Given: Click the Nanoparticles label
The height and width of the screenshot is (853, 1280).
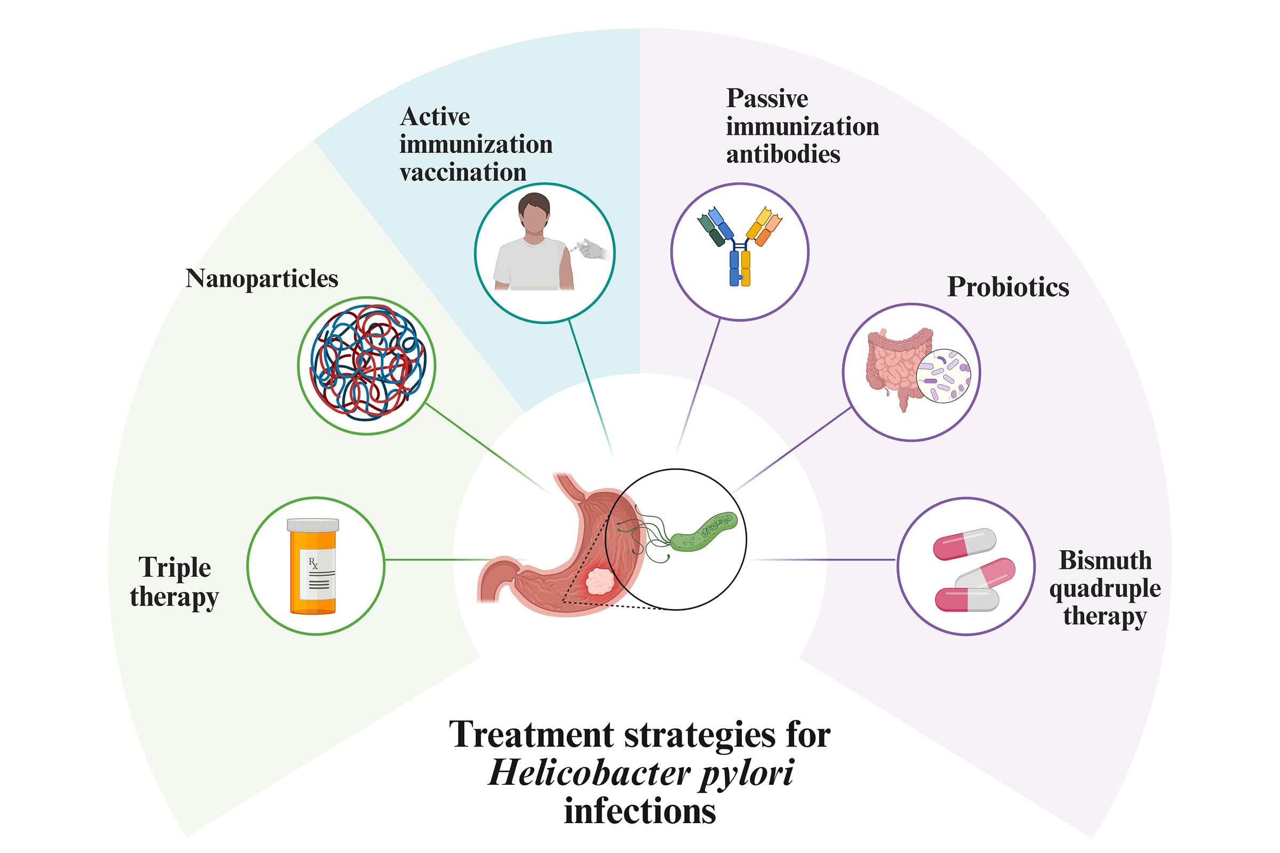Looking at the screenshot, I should point(262,279).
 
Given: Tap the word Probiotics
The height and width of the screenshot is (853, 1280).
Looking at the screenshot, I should point(1008,287).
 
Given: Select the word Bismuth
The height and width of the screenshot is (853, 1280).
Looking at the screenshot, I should point(1105,560).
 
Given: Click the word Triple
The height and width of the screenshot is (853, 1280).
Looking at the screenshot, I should point(175,567).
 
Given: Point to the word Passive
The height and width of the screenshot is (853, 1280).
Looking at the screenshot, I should point(767,99).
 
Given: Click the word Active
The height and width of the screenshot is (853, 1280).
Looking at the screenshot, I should point(435,116).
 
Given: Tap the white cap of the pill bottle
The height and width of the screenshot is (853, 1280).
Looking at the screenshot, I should point(313,525).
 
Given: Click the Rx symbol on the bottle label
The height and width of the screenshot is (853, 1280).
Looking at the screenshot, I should point(313,564).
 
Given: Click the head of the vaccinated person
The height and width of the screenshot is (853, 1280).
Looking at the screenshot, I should point(534,213).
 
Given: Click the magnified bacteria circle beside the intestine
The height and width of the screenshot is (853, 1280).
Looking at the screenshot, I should point(943,376).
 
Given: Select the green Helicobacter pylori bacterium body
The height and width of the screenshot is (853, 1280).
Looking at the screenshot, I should point(703,531).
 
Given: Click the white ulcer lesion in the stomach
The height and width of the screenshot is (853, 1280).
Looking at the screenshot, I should point(599,582).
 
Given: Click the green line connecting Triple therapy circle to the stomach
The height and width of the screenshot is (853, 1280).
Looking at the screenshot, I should point(435,559).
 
